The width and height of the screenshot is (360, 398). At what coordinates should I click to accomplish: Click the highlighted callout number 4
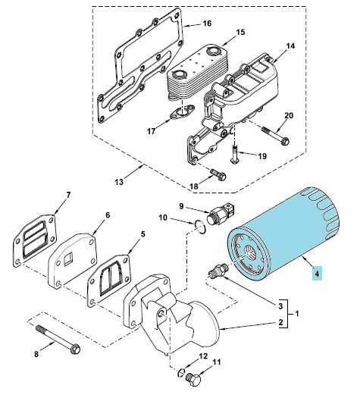317,274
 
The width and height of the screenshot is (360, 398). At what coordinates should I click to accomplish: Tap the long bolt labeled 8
58,340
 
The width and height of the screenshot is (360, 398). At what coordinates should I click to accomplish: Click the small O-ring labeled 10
200,227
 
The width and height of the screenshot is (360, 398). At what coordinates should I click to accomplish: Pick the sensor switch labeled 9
221,212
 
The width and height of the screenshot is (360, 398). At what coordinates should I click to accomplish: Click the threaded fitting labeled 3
218,271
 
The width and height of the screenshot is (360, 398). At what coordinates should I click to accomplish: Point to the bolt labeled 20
275,135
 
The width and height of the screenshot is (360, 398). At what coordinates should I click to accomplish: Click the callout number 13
119,182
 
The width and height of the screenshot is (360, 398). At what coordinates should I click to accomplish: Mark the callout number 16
207,24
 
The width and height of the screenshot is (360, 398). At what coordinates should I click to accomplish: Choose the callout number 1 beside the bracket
297,314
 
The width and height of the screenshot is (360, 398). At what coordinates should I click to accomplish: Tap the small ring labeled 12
180,373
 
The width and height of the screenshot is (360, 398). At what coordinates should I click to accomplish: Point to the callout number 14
290,46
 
